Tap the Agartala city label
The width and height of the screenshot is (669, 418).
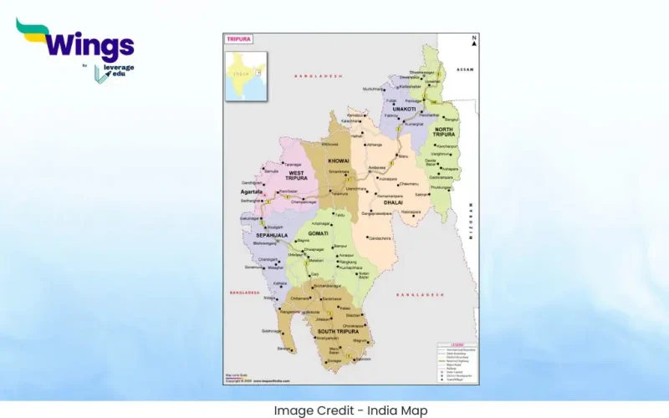pyautogui.click(x=252, y=191)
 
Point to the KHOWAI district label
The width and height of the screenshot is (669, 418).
pyautogui.click(x=339, y=161)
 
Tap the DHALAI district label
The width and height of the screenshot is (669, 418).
pyautogui.click(x=394, y=202)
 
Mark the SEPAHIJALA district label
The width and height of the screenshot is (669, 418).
pyautogui.click(x=273, y=236)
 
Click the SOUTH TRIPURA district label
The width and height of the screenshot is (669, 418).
pyautogui.click(x=337, y=333)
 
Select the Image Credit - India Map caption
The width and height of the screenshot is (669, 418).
pyautogui.click(x=350, y=410)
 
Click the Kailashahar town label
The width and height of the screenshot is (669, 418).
pyautogui.click(x=411, y=86)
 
